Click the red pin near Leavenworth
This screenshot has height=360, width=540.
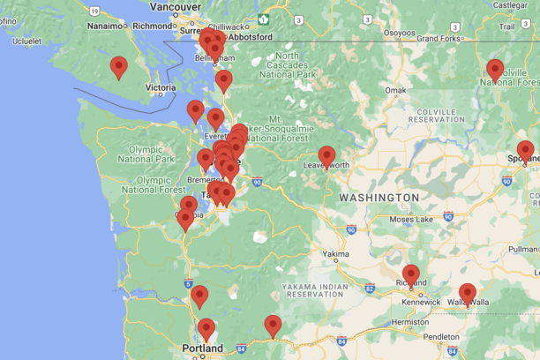[326, 156]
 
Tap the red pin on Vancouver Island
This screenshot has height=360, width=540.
[118, 66]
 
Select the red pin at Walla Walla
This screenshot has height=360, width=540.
[468, 293]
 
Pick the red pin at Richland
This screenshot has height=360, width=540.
[411, 274]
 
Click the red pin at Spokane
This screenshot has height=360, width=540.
[525, 150]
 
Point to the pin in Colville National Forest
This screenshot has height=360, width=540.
[495, 69]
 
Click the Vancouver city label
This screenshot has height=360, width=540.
[176, 6]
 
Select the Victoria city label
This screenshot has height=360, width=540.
[161, 88]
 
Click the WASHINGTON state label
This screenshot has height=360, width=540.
[379, 197]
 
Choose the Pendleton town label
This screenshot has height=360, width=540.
[441, 337]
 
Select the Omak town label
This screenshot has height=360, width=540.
[396, 90]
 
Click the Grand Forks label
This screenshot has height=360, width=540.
[439, 39]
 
